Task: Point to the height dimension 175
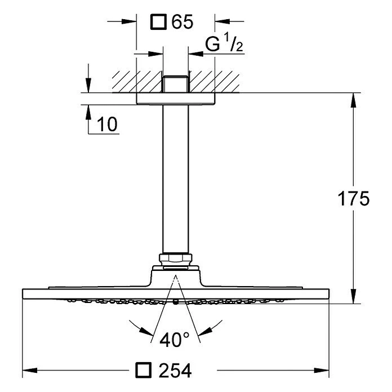pyautogui.click(x=353, y=199)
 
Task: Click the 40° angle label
pyautogui.click(x=175, y=340)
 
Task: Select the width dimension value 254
pyautogui.click(x=175, y=371)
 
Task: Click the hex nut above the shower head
pyautogui.click(x=176, y=260)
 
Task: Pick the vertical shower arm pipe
pyautogui.click(x=176, y=180)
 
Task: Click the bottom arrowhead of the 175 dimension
pyautogui.click(x=353, y=298)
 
